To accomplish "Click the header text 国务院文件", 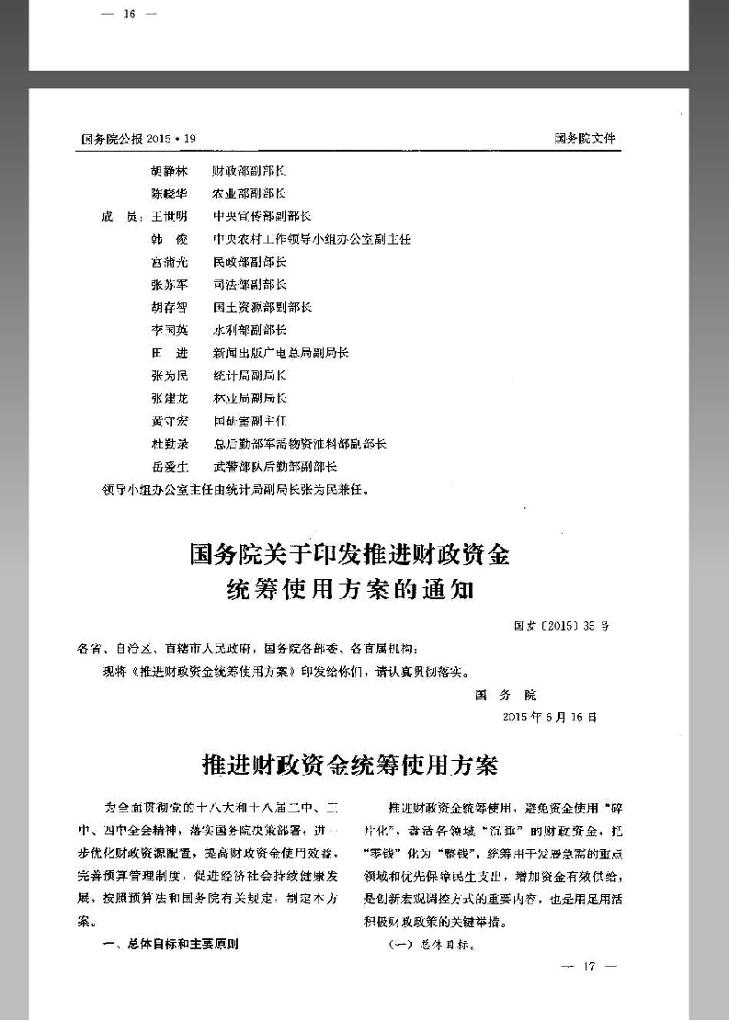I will (585, 139).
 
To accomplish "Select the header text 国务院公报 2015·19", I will (139, 139).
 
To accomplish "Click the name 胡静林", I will (168, 171).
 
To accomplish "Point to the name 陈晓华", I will (168, 194).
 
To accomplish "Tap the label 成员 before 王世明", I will (119, 217).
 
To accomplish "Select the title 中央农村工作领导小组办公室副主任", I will (312, 239).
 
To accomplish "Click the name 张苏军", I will (168, 285).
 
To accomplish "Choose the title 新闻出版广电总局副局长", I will (280, 353).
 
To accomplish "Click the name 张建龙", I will (168, 398).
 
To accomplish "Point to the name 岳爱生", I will (168, 467).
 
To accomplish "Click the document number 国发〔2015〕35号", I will (561, 627).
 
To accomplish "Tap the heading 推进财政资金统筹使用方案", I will (349, 764).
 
